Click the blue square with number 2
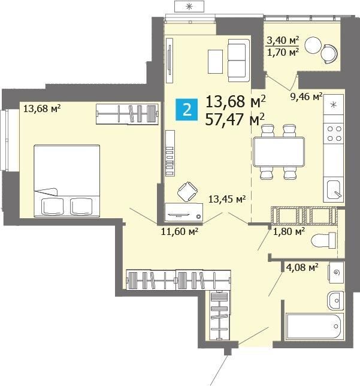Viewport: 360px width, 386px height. coord(186,110)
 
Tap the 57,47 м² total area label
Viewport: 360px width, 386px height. coord(235,119)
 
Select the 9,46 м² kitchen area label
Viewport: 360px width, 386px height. coord(306,96)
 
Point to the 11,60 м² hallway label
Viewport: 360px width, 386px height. coord(180,231)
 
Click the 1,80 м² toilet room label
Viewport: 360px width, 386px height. coord(289,231)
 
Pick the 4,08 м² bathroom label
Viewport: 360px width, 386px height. coord(302,267)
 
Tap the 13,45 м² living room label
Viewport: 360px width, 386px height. coord(227,199)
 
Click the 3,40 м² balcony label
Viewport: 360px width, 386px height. coord(283,40)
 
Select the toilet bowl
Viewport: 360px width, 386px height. coord(323,240)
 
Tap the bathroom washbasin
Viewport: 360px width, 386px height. coord(335,300)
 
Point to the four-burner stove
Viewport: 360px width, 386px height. coord(334,134)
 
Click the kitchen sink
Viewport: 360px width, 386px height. coord(334,190)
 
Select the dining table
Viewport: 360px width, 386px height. coord(279,152)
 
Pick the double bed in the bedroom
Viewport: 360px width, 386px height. coord(66,181)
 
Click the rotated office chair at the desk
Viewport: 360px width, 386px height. coord(187,192)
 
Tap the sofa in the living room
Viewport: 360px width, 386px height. coord(238,61)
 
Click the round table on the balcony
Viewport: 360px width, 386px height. coord(313,45)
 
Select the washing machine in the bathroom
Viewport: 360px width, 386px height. coord(336,273)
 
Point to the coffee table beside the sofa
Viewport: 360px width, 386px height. coord(215,62)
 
